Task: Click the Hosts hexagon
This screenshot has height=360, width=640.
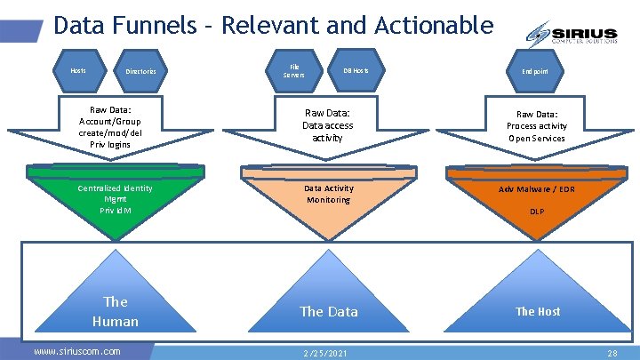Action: pyautogui.click(x=78, y=70)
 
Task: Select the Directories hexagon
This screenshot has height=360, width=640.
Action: pyautogui.click(x=141, y=71)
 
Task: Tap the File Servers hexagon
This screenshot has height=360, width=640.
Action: pyautogui.click(x=293, y=70)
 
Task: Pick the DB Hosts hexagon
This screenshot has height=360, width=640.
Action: pyautogui.click(x=356, y=70)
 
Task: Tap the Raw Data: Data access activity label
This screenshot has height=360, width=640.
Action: pyautogui.click(x=328, y=125)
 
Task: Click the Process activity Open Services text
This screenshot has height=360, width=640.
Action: pyautogui.click(x=536, y=132)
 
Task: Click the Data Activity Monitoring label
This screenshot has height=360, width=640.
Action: pyautogui.click(x=328, y=194)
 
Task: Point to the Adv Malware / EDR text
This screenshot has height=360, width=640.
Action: pyautogui.click(x=536, y=188)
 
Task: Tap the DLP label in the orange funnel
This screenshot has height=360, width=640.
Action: pyautogui.click(x=537, y=212)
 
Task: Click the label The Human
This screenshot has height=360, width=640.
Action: pyautogui.click(x=116, y=311)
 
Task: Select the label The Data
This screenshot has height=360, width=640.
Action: pyautogui.click(x=328, y=311)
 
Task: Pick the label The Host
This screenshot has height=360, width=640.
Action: pyautogui.click(x=538, y=311)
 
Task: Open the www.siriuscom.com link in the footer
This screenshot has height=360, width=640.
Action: pyautogui.click(x=76, y=351)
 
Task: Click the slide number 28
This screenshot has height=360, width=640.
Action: pyautogui.click(x=612, y=353)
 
